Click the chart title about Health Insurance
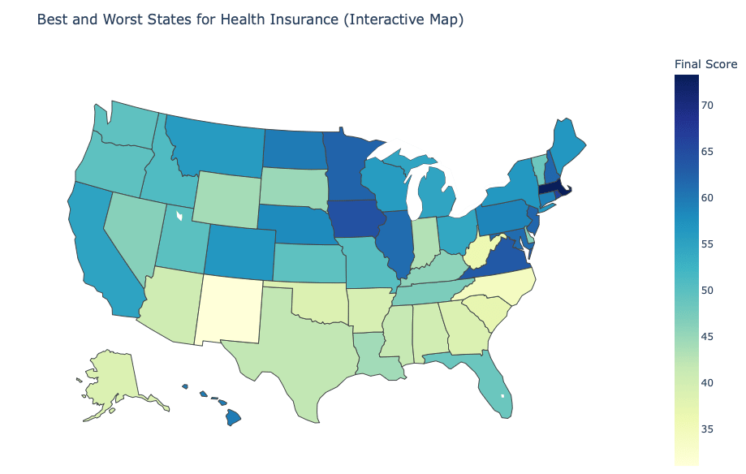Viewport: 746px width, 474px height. click(250, 19)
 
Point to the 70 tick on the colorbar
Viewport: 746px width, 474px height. click(708, 105)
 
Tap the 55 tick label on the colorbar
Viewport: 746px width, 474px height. click(708, 243)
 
